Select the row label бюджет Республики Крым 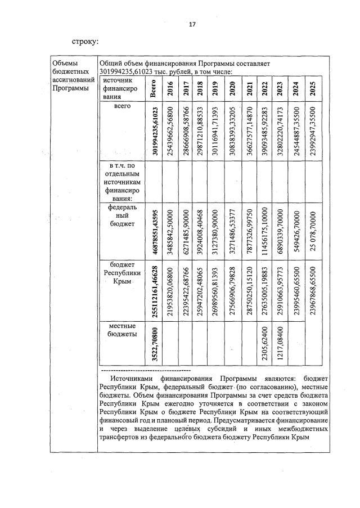[x=122, y=272]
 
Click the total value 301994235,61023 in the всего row [x=153, y=131]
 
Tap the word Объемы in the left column [x=62, y=64]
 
